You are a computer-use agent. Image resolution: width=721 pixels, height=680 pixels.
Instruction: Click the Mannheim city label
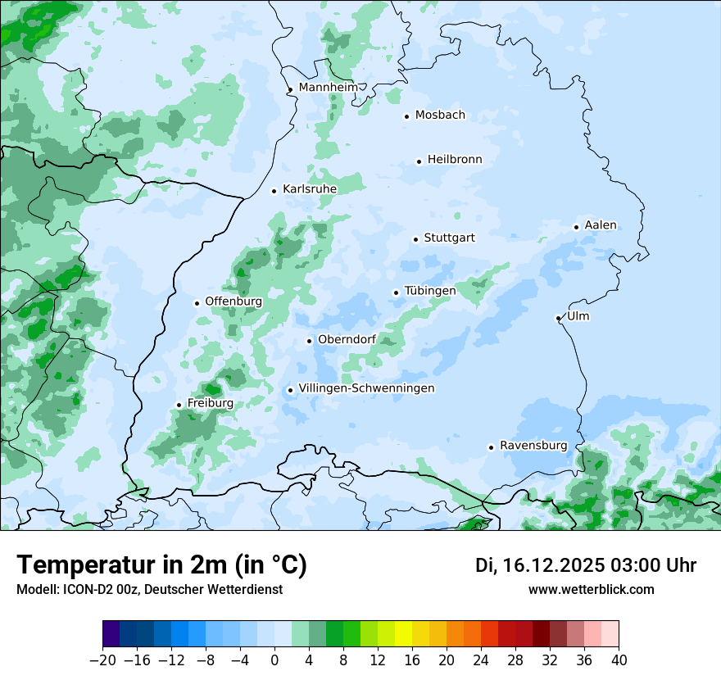(328, 88)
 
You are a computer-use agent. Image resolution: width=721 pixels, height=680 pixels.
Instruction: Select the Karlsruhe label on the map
(310, 189)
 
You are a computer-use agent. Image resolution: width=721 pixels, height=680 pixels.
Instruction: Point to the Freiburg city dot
(179, 405)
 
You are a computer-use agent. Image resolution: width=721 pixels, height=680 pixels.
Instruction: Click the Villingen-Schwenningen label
(366, 388)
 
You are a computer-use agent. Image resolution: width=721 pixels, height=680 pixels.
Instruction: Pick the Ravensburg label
(533, 446)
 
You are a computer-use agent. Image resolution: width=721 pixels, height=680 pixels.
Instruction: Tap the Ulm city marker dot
(558, 318)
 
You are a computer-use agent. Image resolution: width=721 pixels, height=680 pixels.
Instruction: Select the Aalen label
(601, 225)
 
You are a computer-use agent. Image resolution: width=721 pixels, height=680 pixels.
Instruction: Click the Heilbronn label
(455, 160)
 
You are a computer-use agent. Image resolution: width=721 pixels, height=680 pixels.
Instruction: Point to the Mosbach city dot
(406, 116)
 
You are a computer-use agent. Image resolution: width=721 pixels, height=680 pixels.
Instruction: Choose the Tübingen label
(430, 292)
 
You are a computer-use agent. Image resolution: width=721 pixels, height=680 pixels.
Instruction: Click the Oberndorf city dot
(309, 341)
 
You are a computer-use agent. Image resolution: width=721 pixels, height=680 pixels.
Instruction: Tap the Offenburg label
(234, 301)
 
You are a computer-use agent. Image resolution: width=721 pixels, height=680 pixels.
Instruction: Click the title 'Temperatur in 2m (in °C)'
(161, 565)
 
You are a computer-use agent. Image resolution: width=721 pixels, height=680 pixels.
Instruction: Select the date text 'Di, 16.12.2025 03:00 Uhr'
(586, 565)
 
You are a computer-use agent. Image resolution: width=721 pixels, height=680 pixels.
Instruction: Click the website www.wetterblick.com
(592, 589)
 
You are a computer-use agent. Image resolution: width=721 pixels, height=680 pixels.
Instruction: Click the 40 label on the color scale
(619, 660)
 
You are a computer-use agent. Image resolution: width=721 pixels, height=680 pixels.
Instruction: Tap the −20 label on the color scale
(102, 660)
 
